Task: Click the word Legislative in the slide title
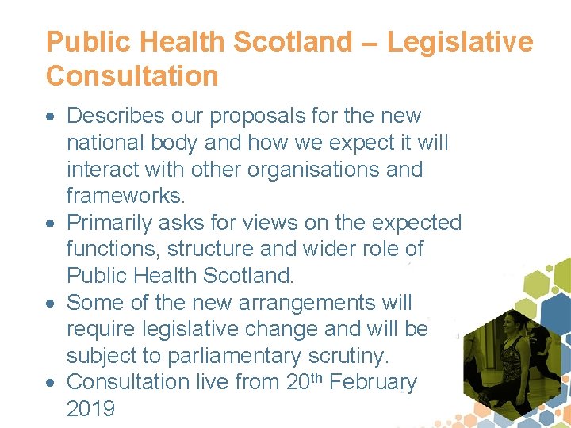pyautogui.click(x=461, y=42)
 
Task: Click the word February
pyautogui.click(x=373, y=382)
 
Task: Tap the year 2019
pyautogui.click(x=90, y=409)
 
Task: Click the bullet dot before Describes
pyautogui.click(x=52, y=117)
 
